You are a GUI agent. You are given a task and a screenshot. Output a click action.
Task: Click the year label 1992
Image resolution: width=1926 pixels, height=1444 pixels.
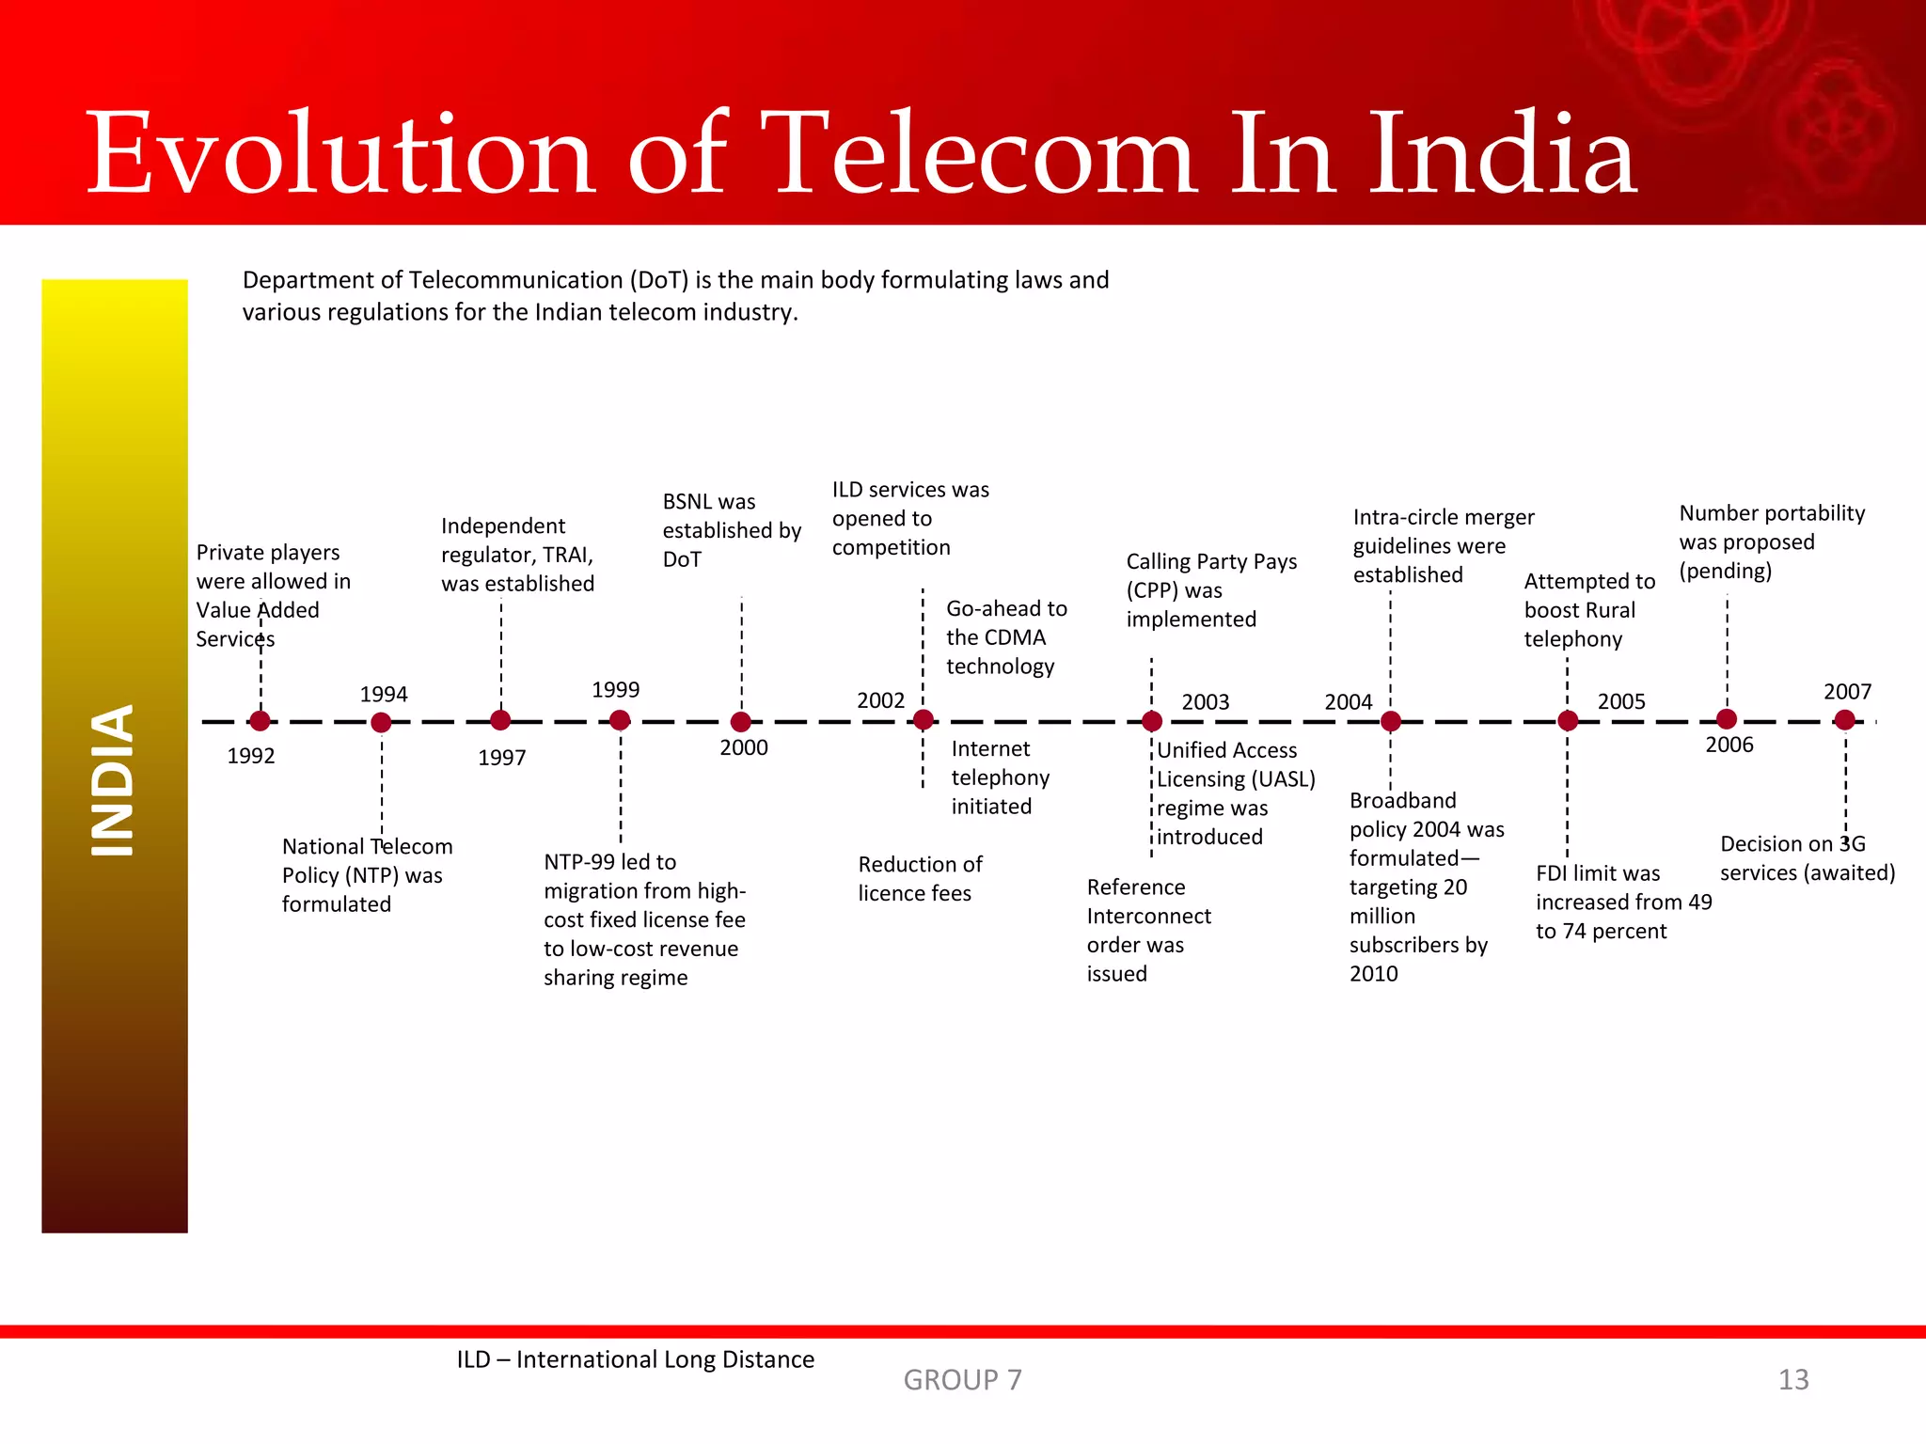coord(251,756)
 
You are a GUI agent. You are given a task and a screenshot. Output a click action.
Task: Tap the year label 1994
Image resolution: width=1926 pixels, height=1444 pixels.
coord(384,695)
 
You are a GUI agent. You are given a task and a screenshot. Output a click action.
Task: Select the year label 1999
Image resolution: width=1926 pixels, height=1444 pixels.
coord(616,690)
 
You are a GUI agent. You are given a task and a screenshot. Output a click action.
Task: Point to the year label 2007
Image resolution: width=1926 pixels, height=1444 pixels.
coord(1847,692)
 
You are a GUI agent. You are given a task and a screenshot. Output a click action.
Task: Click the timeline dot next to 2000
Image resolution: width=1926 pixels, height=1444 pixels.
coord(741,722)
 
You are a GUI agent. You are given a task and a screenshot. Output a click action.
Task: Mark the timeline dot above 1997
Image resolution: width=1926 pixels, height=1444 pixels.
coord(500,720)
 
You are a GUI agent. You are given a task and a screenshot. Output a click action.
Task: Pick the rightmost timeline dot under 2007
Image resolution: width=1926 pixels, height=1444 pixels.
coord(1844,720)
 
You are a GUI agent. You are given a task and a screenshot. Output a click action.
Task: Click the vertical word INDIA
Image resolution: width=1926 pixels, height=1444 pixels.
coord(114,780)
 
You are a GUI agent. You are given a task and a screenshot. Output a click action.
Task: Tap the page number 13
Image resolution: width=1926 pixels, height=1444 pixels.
coord(1792,1379)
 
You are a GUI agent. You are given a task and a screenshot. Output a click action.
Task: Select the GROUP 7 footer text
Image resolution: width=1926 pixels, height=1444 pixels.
coord(962,1379)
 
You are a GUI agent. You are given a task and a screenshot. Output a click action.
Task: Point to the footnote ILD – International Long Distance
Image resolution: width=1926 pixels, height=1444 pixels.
coord(635,1359)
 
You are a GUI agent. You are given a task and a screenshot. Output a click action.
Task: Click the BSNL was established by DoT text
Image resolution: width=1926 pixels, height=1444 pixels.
coord(731,530)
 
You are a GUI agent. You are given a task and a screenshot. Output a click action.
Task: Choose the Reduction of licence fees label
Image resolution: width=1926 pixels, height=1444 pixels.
coord(919,878)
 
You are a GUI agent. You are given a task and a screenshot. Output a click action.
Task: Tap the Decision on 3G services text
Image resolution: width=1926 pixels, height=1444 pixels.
coord(1807,857)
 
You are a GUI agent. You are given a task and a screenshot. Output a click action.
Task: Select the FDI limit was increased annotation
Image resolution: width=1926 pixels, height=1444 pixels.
coord(1623,902)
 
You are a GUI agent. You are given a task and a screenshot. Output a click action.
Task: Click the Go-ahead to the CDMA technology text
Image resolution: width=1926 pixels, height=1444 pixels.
coord(1005,636)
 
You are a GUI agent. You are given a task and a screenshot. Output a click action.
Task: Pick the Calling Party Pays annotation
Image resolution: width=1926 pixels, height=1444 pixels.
coord(1210,589)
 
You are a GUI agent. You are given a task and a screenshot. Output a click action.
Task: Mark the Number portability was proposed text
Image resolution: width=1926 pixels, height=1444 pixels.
coord(1771,541)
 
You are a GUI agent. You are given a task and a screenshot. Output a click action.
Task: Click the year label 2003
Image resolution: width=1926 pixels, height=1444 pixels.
coord(1205,702)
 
